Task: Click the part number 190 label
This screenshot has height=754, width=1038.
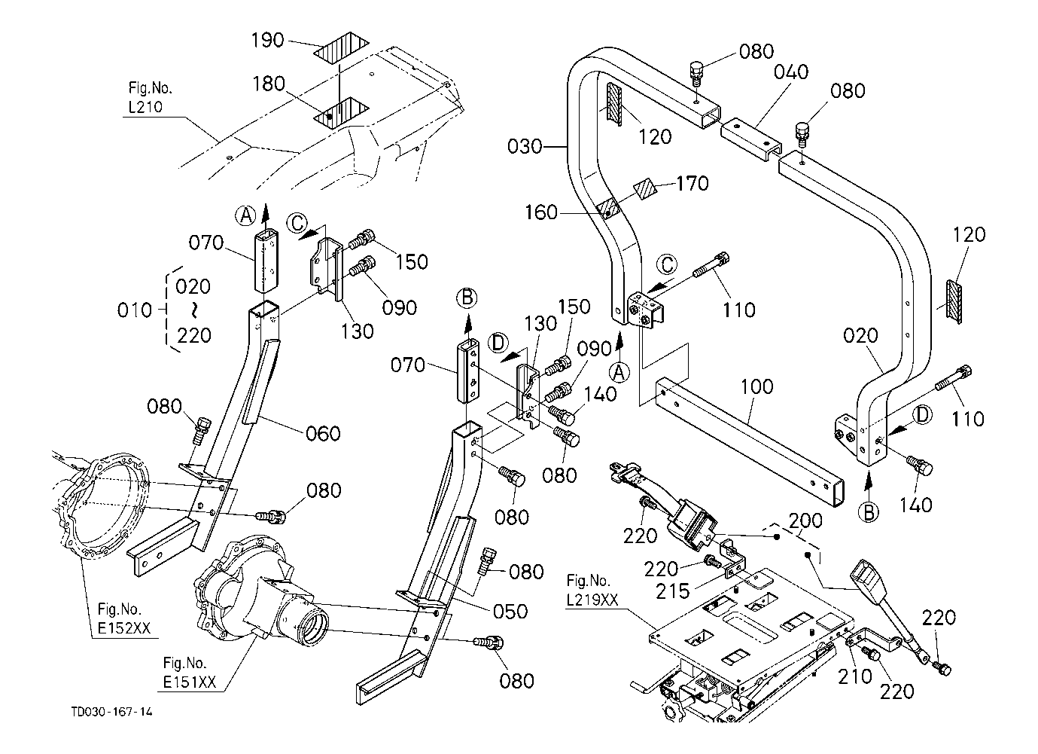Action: coord(266,39)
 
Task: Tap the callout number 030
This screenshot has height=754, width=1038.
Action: coord(525,145)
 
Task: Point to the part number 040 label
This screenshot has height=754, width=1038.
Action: coord(791,72)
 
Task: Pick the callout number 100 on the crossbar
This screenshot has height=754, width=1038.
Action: coord(756,386)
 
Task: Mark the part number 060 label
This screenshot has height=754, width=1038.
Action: coord(323,433)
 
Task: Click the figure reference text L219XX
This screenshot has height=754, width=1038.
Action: coord(593,600)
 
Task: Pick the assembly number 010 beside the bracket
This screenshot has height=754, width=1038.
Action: coord(135,310)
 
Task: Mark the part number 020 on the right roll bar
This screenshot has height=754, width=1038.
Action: coord(860,336)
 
